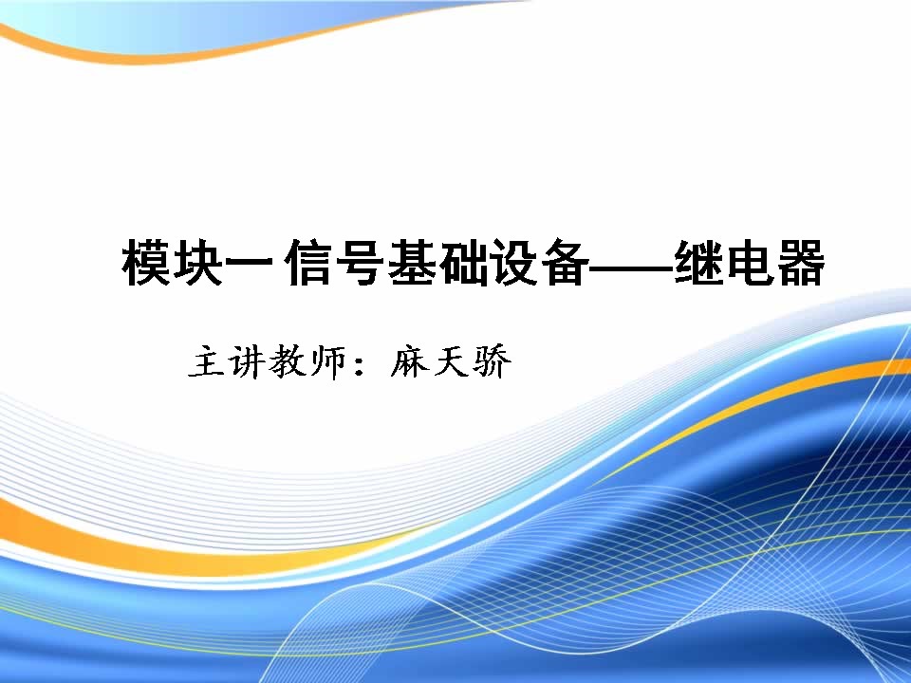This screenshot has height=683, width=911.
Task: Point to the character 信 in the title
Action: [308, 263]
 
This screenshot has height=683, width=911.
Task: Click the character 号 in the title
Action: [360, 263]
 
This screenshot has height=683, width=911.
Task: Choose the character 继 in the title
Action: [698, 263]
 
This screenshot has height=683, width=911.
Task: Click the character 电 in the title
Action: [750, 263]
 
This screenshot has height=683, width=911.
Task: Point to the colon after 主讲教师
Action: [360, 364]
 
